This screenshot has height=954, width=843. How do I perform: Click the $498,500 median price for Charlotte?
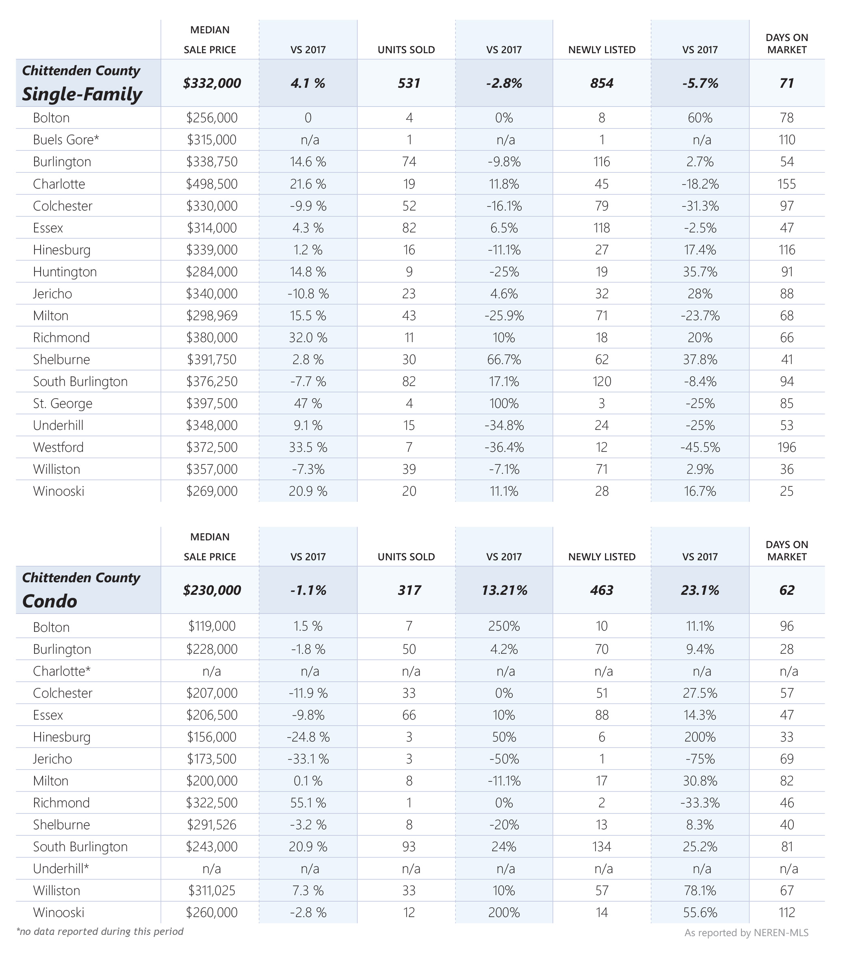coord(212,184)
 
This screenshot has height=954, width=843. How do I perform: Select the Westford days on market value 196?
coord(787,447)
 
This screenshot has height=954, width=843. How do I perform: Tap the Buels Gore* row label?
coord(66,139)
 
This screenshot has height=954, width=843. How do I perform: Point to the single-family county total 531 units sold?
coord(409,83)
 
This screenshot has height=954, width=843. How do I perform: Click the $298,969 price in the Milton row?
coord(212,316)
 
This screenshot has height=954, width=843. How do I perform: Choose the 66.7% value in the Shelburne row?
coord(504,360)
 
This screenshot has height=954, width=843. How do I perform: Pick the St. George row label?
coord(63,403)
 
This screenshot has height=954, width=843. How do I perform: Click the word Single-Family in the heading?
coord(82,94)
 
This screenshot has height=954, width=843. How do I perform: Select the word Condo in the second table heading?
coord(50,601)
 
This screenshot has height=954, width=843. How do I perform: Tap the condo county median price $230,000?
coord(212,590)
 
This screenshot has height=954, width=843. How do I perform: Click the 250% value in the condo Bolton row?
coord(504,626)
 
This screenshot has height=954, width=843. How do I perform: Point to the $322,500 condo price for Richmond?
coord(212,803)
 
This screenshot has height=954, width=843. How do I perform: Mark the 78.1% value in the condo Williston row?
coord(700,891)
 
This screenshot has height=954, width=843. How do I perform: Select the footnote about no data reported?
coord(100,932)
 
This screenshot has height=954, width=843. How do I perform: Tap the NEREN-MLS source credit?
coord(746,932)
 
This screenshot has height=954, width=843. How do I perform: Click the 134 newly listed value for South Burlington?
coord(602,847)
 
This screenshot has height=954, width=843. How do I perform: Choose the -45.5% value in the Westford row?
coord(700,447)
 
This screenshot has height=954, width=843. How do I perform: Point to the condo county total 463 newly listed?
coord(602,590)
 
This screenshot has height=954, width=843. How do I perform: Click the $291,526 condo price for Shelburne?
coord(212,825)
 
